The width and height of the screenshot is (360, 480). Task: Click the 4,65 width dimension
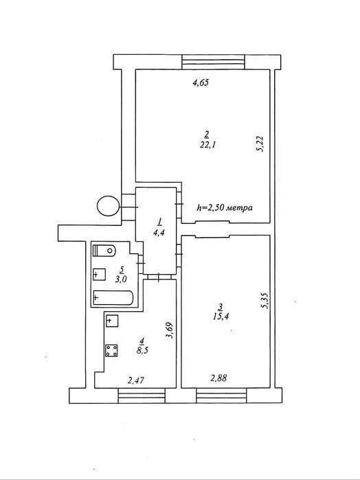(x=201, y=82)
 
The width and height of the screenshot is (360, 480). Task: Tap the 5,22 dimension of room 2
(x=260, y=144)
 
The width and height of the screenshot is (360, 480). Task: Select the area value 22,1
(x=207, y=144)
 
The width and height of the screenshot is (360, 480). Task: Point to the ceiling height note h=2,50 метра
(x=225, y=207)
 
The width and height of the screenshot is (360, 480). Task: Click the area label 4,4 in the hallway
(x=159, y=233)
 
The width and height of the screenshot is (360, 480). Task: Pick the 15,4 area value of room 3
(x=221, y=317)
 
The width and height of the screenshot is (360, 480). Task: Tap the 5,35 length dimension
(x=265, y=300)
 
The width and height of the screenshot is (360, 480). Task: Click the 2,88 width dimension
(x=218, y=378)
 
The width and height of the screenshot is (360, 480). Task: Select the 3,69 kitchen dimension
(x=170, y=330)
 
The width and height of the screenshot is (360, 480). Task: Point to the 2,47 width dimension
(x=136, y=380)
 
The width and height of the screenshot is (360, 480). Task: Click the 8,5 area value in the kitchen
(x=142, y=350)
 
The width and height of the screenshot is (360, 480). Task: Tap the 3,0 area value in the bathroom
(x=121, y=279)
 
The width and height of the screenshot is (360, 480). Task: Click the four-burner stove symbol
(x=111, y=350)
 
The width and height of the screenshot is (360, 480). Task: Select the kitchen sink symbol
(x=112, y=321)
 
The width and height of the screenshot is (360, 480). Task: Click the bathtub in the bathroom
(x=113, y=297)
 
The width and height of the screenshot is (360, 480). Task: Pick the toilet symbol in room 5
(x=104, y=251)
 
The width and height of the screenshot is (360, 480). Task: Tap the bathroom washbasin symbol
(x=99, y=274)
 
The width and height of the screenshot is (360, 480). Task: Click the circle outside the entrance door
(x=108, y=206)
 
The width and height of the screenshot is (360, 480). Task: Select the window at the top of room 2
(x=214, y=62)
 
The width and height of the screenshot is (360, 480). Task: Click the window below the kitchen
(x=142, y=396)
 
